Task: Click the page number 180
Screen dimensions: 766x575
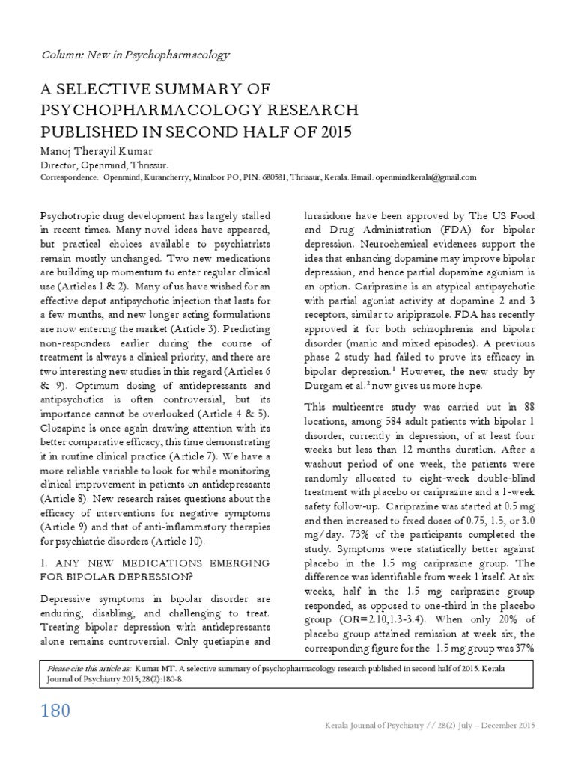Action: pyautogui.click(x=55, y=709)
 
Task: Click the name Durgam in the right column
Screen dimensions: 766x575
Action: pyautogui.click(x=323, y=385)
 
